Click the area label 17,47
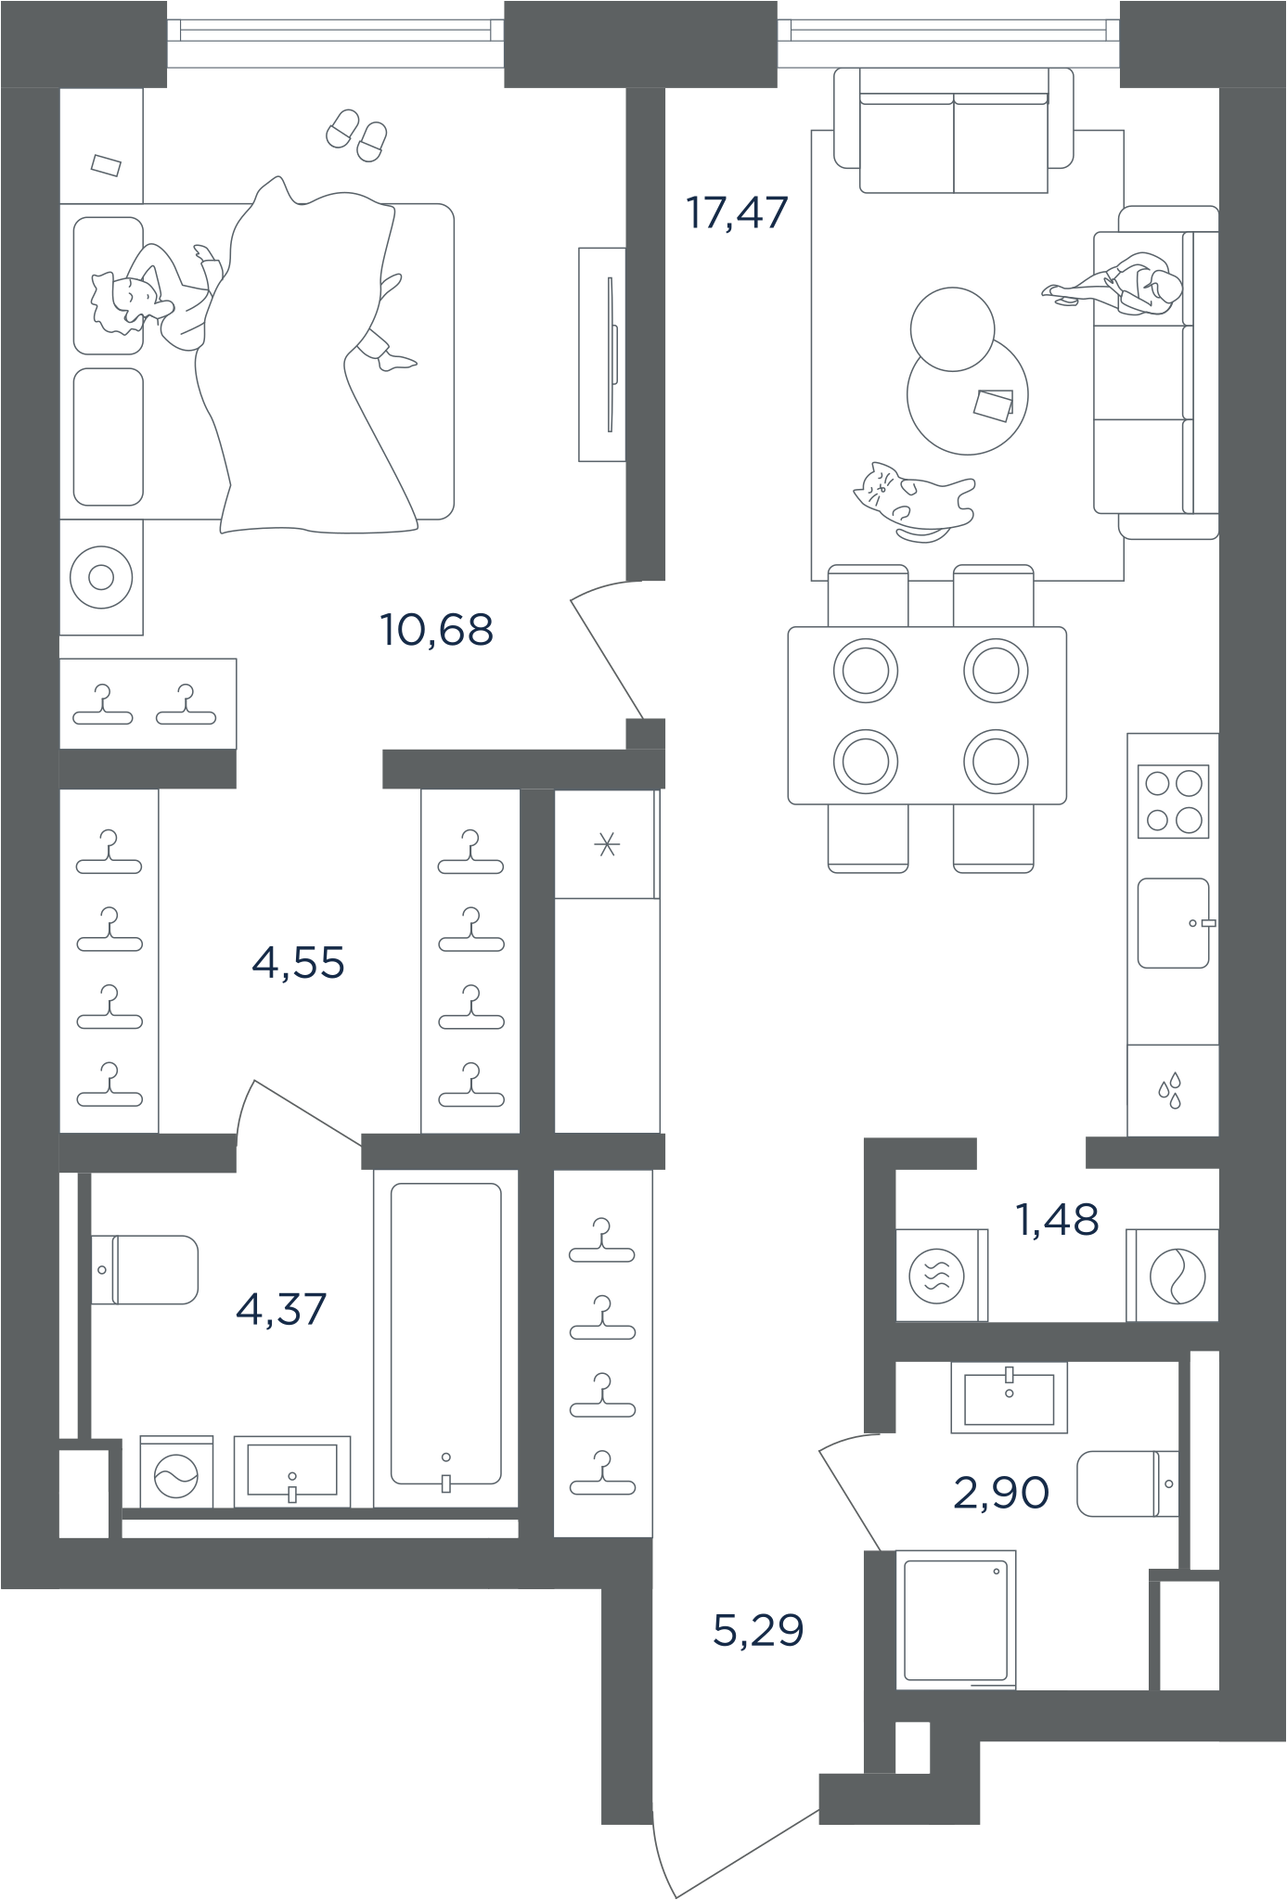pyautogui.click(x=737, y=212)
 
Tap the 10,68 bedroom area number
pyautogui.click(x=436, y=630)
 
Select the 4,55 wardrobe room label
pyautogui.click(x=298, y=963)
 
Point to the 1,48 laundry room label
pyautogui.click(x=1058, y=1219)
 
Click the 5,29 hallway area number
pyautogui.click(x=758, y=1629)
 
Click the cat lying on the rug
pyautogui.click(x=914, y=501)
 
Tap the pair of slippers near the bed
pyautogui.click(x=357, y=135)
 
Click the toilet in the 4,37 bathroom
pyautogui.click(x=145, y=1269)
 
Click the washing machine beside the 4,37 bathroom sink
pyautogui.click(x=176, y=1472)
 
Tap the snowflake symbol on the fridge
pyautogui.click(x=607, y=844)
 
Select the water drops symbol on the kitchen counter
pyautogui.click(x=1171, y=1091)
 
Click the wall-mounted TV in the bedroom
pyautogui.click(x=603, y=353)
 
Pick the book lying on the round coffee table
pyautogui.click(x=994, y=404)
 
